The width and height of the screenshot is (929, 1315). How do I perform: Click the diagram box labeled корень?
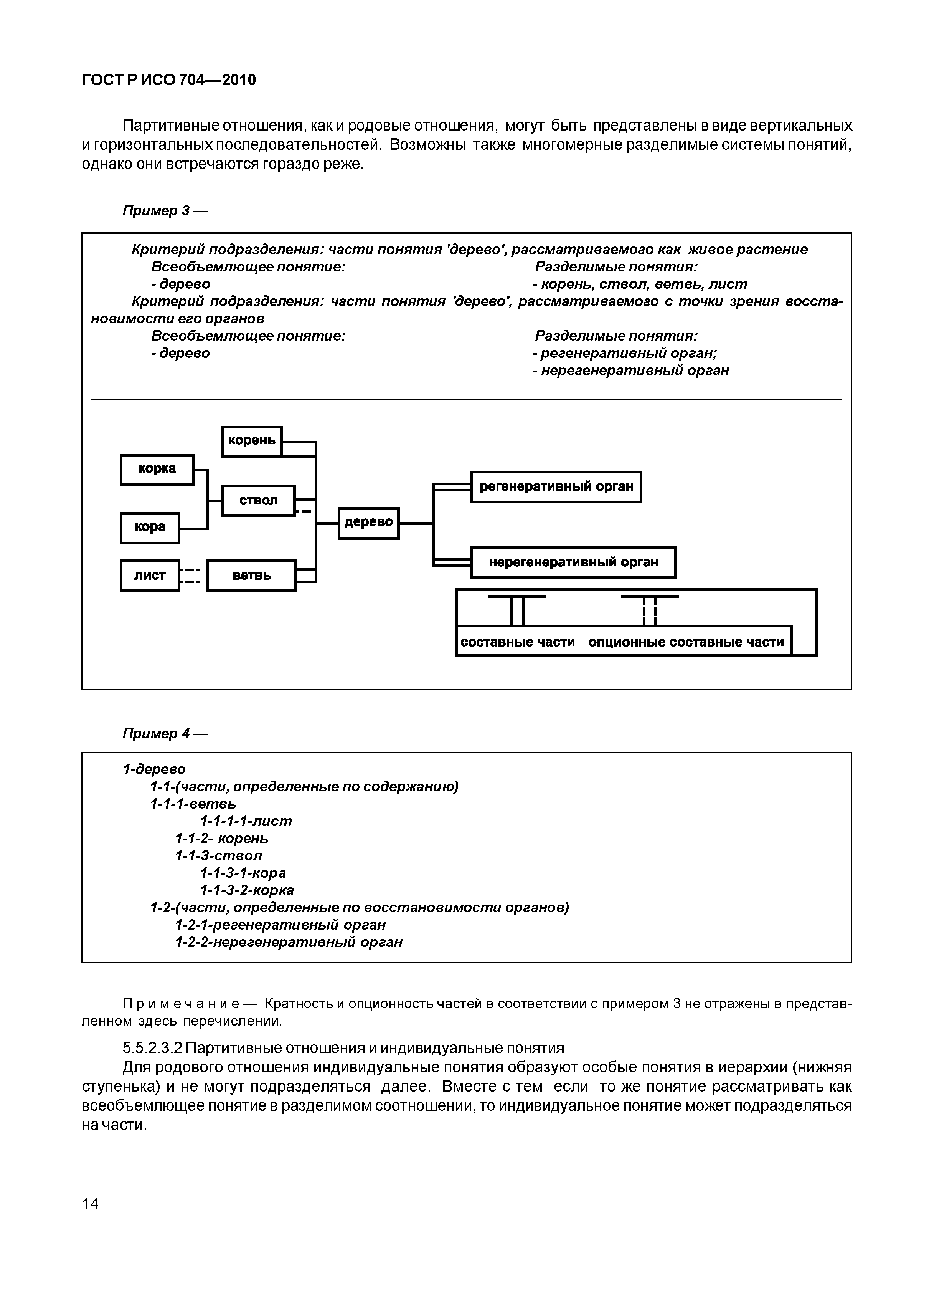252,442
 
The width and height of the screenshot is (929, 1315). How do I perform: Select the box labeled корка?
157,470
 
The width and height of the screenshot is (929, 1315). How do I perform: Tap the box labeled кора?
150,528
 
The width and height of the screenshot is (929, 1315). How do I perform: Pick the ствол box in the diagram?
258,501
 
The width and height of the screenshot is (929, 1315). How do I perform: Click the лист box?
150,576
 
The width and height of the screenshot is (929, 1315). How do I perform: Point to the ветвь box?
251,576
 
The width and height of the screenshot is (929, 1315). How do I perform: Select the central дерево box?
369,523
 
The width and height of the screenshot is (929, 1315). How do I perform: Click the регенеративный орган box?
556,487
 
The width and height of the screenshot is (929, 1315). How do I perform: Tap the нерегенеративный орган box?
573,562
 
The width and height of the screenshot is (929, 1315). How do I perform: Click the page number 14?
91,1204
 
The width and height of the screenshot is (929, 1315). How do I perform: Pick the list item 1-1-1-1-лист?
246,821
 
